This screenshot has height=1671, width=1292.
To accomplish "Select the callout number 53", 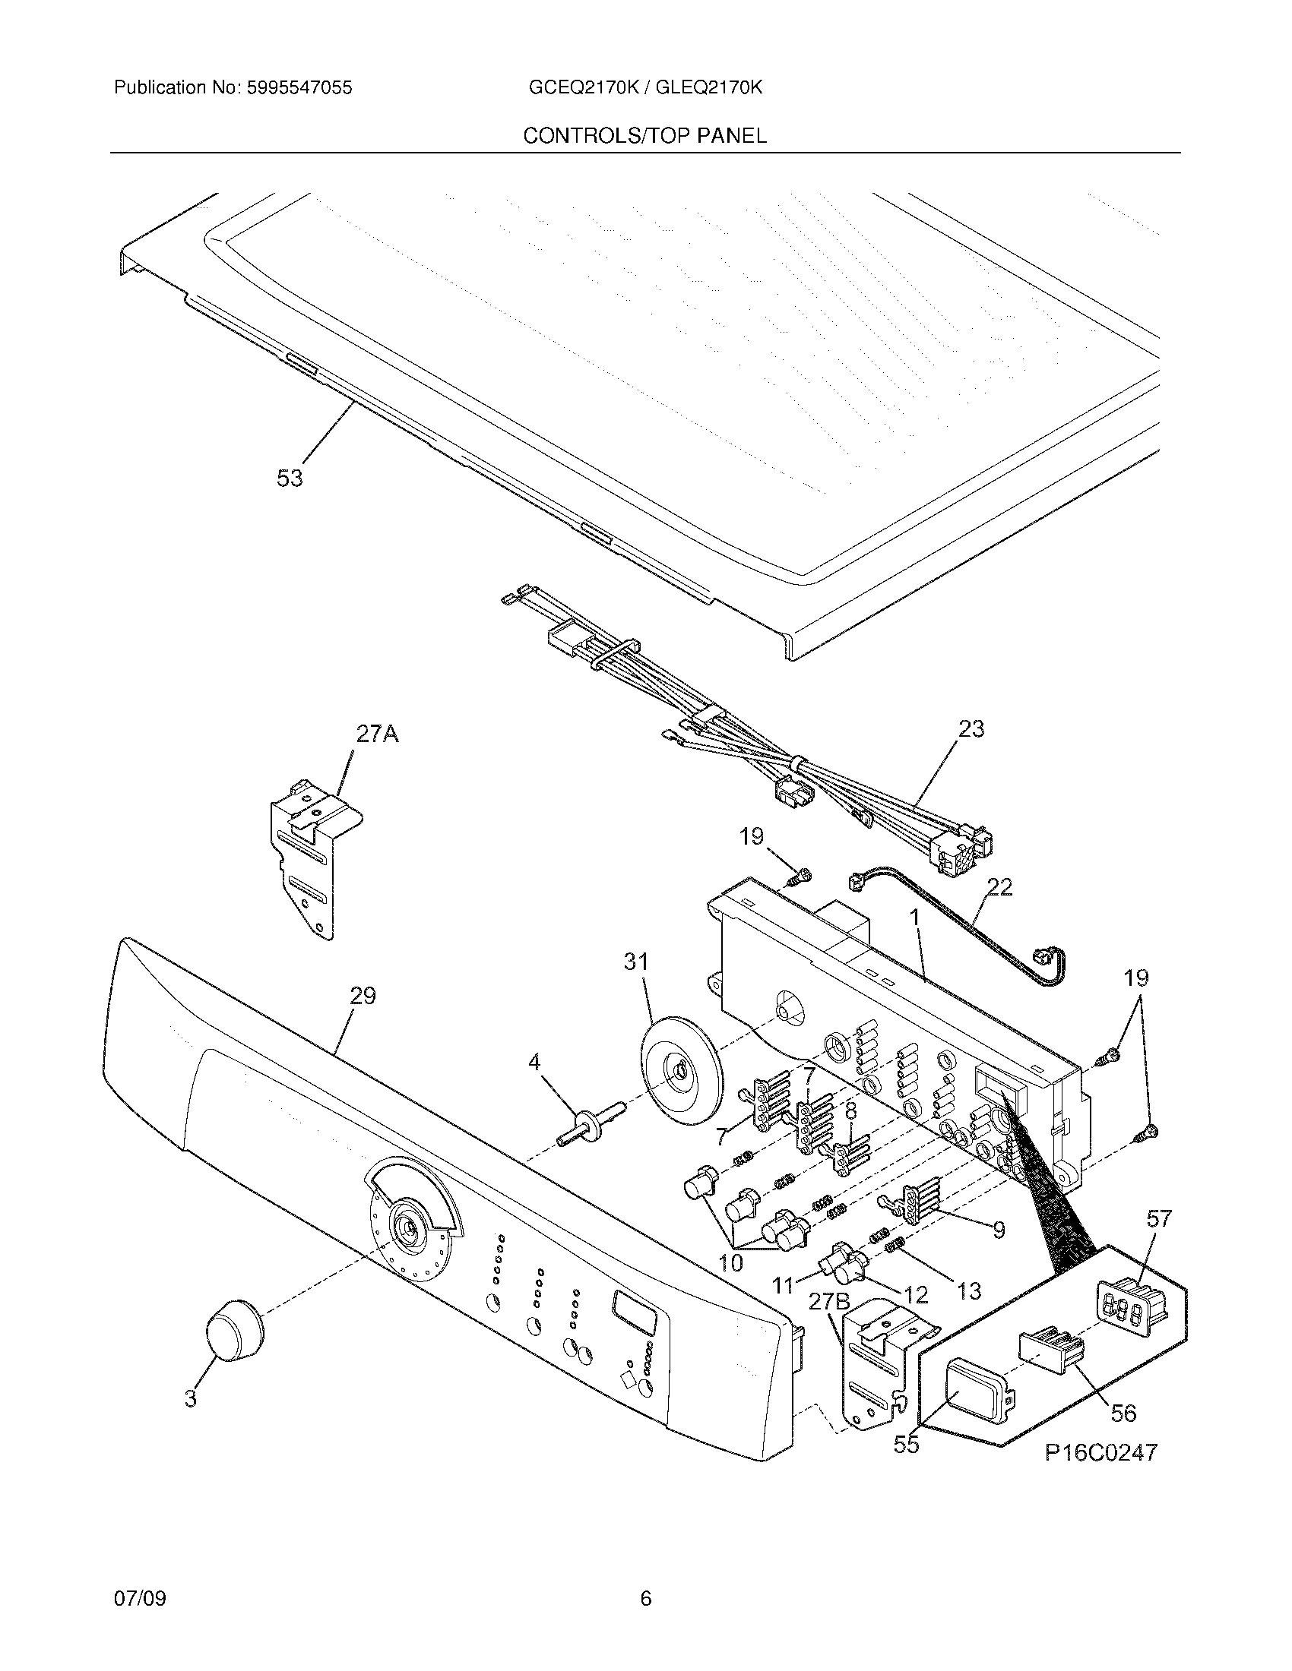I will tap(290, 479).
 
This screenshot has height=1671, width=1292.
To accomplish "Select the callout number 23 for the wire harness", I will tap(971, 729).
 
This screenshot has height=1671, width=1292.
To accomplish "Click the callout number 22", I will tap(999, 886).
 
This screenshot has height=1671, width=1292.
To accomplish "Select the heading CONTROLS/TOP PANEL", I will tap(644, 136).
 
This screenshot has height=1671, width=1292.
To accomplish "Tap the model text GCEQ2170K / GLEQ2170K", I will tap(644, 88).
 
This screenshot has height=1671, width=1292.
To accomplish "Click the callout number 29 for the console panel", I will tap(363, 996).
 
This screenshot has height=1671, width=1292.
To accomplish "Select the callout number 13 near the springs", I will tap(968, 1290).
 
